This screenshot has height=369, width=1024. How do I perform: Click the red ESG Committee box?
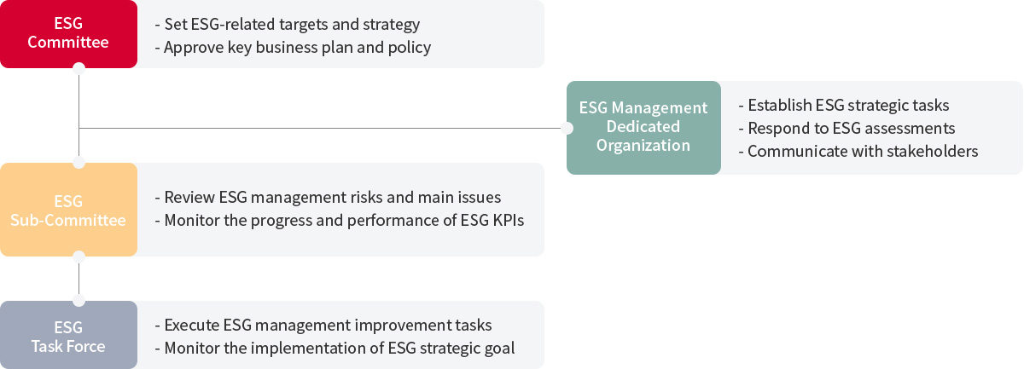click(x=68, y=34)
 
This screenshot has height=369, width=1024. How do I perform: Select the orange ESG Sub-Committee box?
click(x=68, y=210)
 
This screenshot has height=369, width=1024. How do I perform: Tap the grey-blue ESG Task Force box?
click(x=68, y=335)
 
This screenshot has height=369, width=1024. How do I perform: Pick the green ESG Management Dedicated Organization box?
click(x=643, y=128)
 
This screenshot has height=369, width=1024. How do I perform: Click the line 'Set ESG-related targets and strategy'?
click(x=287, y=24)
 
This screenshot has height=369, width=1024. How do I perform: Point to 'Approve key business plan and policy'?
click(x=293, y=48)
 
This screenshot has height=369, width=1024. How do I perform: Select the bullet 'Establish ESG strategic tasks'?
click(x=844, y=105)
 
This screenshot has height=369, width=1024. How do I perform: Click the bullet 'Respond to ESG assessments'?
click(x=847, y=129)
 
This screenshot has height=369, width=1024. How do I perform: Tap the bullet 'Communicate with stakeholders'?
click(x=858, y=151)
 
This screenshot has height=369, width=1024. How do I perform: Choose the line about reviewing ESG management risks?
click(x=328, y=198)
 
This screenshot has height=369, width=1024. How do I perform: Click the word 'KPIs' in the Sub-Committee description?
click(x=509, y=220)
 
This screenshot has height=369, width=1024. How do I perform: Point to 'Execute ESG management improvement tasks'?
click(x=323, y=326)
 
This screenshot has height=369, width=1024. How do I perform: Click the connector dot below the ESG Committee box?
click(x=79, y=68)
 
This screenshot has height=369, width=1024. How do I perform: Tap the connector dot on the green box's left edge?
click(x=567, y=129)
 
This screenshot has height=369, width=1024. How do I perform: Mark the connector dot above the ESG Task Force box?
click(x=79, y=301)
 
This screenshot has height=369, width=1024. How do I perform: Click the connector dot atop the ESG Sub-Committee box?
click(x=79, y=163)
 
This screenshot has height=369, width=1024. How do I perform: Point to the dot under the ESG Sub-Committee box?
click(x=79, y=257)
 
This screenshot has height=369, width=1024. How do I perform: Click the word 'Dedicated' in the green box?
click(x=643, y=126)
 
